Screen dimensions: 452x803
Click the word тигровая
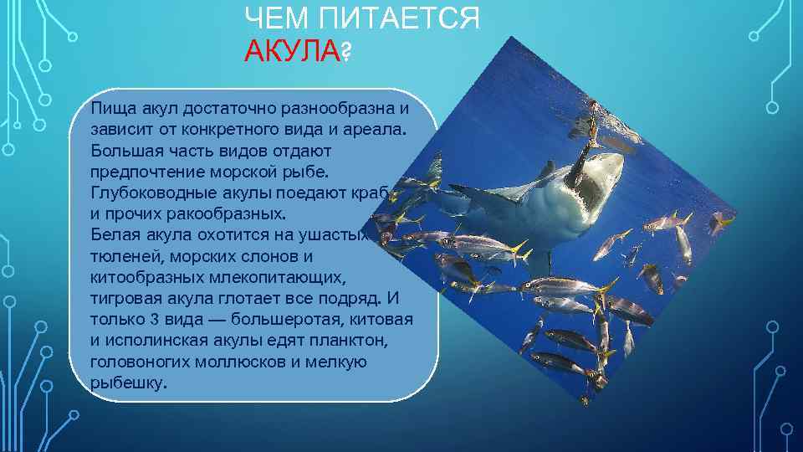coord(126,299)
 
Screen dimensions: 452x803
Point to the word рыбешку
coord(129,383)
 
